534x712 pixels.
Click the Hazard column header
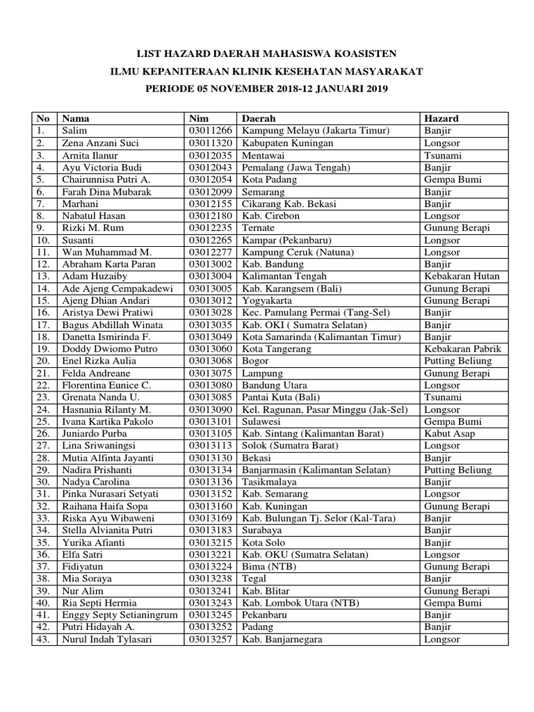(440, 118)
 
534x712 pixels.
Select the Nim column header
(198, 118)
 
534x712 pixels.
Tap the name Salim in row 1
(74, 131)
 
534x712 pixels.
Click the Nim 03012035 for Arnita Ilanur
(209, 155)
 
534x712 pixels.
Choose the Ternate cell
(259, 228)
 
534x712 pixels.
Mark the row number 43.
(43, 640)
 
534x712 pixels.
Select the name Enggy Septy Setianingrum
(120, 615)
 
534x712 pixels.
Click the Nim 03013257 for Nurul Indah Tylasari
(209, 640)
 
